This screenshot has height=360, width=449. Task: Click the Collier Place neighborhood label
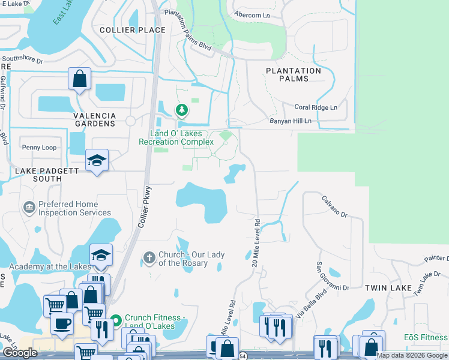pos(133,30)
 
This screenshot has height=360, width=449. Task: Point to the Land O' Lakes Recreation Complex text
pos(176,137)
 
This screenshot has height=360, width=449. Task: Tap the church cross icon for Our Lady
pos(149,258)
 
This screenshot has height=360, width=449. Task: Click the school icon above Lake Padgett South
pos(96,160)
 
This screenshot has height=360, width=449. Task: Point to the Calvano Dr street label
pos(334,207)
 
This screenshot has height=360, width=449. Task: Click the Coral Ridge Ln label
pos(315,107)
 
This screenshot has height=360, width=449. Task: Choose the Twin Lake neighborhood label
pos(388,288)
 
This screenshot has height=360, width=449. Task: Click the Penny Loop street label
pos(39,147)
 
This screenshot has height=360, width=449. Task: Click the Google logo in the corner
pos(20,353)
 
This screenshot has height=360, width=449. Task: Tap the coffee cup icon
pos(61,325)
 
